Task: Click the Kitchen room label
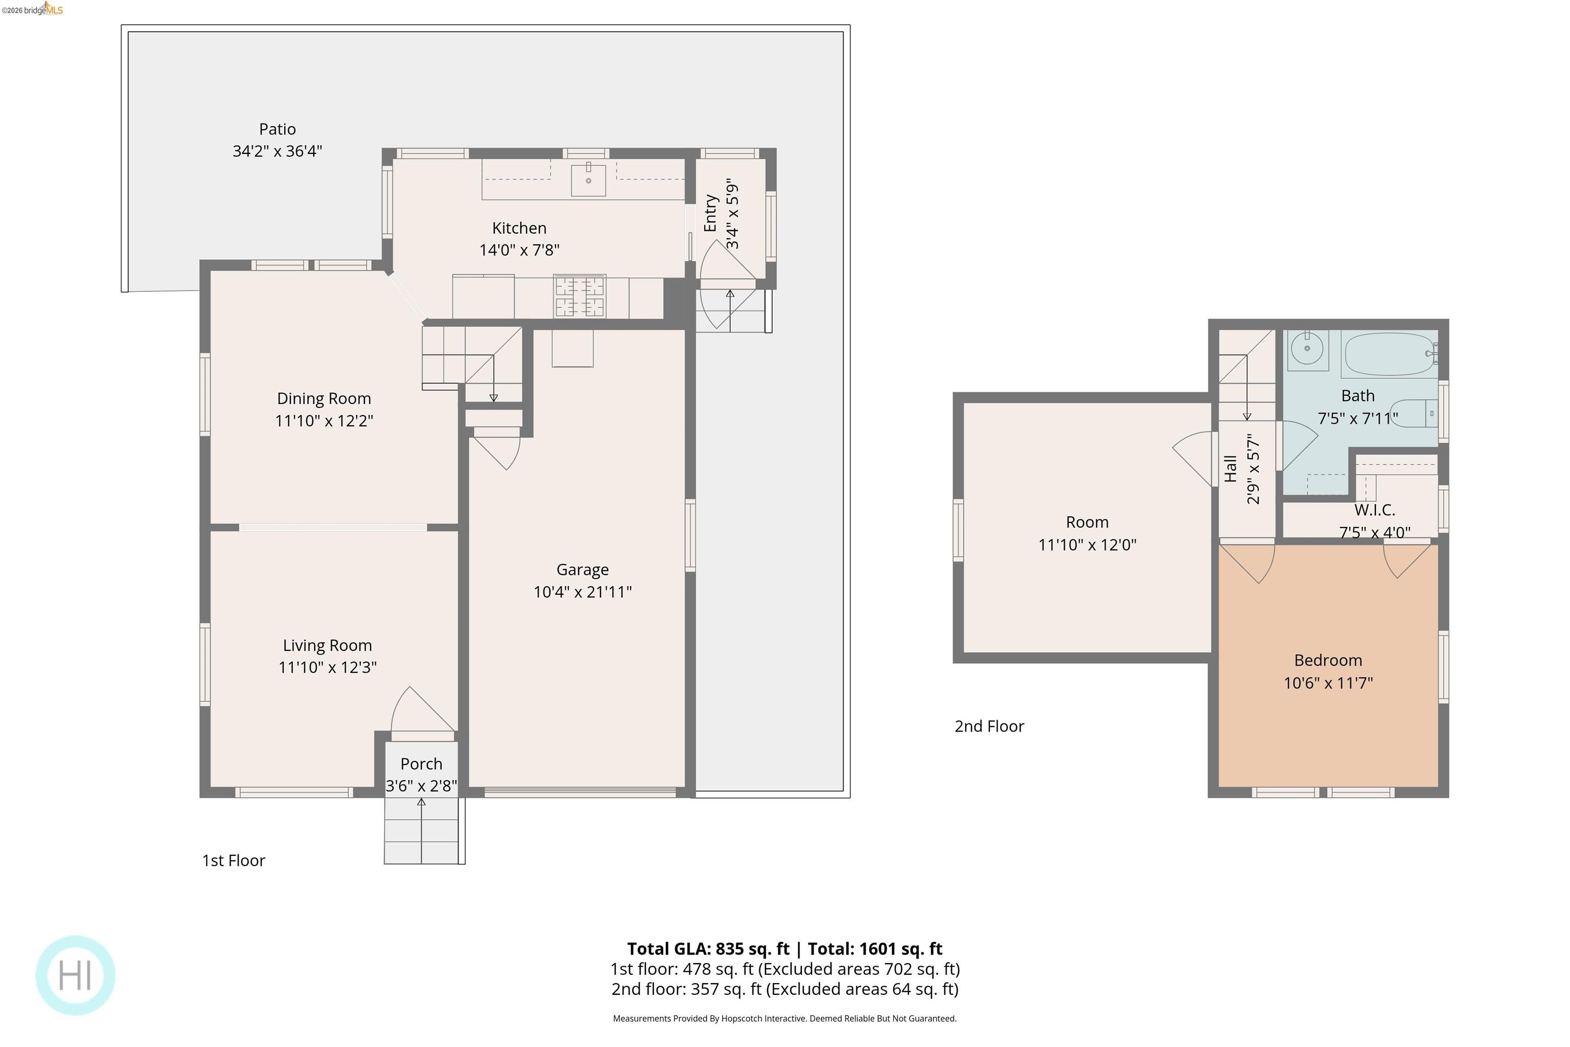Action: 519,229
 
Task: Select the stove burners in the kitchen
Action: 580,297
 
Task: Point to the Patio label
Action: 277,129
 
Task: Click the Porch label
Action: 421,764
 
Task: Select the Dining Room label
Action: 324,399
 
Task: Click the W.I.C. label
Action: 1374,510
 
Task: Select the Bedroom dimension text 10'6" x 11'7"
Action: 1328,683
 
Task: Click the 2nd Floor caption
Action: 988,726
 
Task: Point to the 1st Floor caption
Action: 234,861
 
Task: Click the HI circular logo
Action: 76,975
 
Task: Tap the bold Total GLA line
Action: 784,949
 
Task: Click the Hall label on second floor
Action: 1231,469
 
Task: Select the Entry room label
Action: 710,213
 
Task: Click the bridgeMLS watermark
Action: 32,9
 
